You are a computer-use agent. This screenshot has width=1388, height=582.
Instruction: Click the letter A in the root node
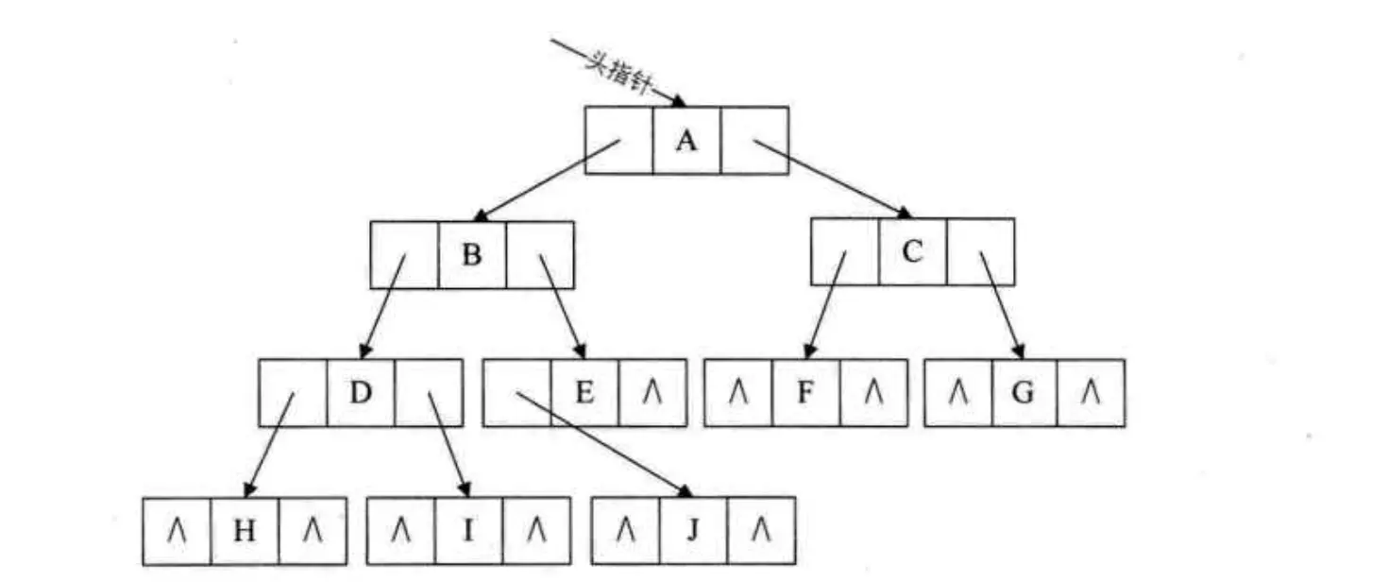point(686,141)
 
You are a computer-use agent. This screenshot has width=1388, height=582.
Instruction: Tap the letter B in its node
point(472,255)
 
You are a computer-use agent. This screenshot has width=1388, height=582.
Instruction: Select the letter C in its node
point(912,252)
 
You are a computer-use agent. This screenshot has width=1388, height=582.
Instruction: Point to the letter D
point(361,392)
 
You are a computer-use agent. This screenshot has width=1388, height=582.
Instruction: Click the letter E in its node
point(584,392)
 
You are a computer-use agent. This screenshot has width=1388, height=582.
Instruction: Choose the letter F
point(805,392)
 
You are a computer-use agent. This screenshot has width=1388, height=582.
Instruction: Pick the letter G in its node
point(1024,392)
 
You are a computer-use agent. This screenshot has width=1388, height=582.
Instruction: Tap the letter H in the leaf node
point(245,531)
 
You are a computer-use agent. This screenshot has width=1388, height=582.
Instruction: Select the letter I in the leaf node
point(467,531)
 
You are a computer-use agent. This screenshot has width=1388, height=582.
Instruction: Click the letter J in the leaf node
point(692,531)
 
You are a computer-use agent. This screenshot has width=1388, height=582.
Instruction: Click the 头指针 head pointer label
point(618,75)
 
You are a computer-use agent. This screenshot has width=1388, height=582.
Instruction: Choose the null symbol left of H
point(178,532)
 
